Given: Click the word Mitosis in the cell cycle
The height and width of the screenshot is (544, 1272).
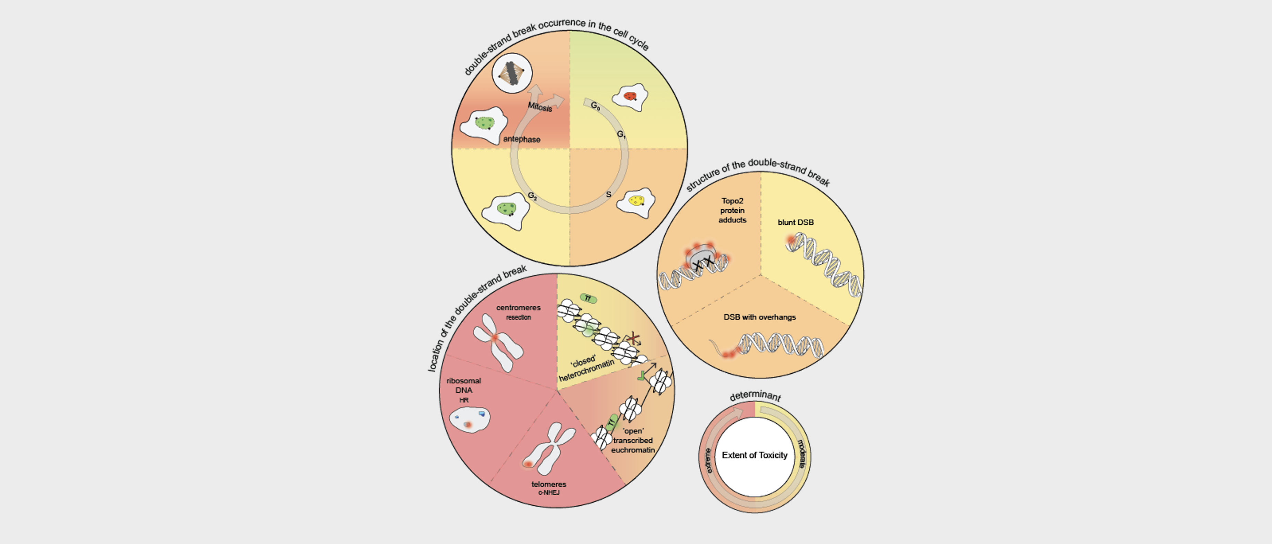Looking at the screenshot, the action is [540, 107].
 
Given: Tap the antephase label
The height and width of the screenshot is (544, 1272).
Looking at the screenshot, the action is [522, 139].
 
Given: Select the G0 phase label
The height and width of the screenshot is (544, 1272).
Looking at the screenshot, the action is [596, 105].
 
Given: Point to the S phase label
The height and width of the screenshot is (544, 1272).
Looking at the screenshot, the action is [608, 194].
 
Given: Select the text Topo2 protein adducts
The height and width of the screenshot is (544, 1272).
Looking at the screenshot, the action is [732, 210].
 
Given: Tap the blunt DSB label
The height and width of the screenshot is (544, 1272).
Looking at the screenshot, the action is [796, 222].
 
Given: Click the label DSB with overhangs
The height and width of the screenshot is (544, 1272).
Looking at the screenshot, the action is [759, 317].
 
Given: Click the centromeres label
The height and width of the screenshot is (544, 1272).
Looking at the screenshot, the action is [518, 308].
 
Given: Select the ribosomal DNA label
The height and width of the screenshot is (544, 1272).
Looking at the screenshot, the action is [464, 385].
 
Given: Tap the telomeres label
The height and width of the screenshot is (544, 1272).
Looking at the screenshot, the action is [548, 484].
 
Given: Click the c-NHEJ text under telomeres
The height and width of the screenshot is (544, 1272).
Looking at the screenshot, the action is [548, 493].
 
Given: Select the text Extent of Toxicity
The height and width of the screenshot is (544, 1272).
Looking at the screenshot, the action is [755, 455].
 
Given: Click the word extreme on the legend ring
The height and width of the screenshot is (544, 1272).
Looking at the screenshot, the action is [708, 461].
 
